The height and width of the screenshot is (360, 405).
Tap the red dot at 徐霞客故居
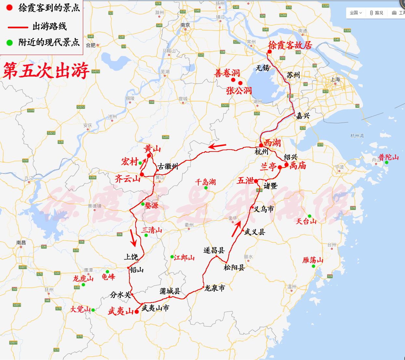point(269,51)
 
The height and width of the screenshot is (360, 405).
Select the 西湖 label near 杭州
point(272,143)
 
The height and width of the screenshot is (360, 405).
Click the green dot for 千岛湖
point(206,188)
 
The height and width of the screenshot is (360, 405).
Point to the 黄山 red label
point(152,149)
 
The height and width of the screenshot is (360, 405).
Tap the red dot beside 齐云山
point(142,175)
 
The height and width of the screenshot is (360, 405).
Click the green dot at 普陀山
point(387,162)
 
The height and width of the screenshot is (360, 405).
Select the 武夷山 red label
point(121,312)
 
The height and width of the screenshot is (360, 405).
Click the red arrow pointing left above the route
point(217,146)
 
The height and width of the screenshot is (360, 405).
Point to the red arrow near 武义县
point(236,228)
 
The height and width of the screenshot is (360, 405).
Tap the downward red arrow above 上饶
point(133,238)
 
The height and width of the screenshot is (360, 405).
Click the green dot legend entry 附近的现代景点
point(10,42)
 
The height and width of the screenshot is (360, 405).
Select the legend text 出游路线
point(49,26)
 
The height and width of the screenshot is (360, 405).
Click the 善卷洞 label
point(227,73)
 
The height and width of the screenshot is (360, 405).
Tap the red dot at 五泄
point(256,181)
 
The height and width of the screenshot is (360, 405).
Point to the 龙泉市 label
point(214,288)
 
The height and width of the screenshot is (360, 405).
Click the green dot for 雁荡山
point(313,266)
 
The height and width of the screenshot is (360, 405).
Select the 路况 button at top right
point(377,13)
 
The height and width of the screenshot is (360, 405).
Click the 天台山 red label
point(306,221)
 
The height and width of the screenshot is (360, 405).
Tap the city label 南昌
point(21,243)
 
